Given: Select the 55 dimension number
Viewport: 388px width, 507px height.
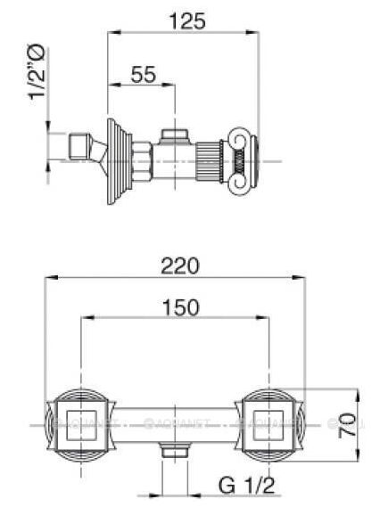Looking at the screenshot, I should click(x=144, y=74).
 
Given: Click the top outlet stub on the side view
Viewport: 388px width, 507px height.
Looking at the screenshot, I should click(x=173, y=135).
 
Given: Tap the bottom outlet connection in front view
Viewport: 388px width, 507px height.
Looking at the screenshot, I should click(x=175, y=453).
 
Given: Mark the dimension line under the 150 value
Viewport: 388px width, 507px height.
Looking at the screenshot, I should click(x=175, y=318).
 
